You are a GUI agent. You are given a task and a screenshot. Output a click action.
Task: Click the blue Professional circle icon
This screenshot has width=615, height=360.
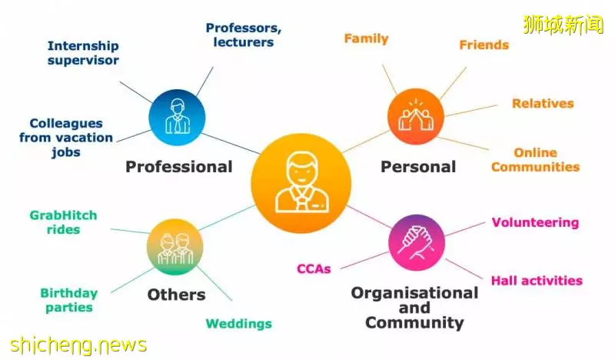177,118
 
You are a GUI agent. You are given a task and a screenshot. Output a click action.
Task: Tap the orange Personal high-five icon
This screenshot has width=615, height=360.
416,117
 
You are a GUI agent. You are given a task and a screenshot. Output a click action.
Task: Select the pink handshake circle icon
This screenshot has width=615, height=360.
417,242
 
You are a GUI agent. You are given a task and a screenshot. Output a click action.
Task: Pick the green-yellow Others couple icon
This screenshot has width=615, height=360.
175,247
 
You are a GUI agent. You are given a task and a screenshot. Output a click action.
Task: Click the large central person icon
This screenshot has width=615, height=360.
301,183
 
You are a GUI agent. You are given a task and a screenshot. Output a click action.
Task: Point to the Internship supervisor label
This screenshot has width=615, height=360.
83,53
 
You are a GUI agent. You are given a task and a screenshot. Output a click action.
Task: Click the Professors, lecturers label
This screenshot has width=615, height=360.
244,35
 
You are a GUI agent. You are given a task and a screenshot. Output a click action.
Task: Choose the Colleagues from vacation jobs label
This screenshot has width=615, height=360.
66,138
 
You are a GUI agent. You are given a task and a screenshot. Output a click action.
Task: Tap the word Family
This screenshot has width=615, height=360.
367,38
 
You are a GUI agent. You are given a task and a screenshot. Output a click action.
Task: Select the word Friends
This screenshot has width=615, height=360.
484,45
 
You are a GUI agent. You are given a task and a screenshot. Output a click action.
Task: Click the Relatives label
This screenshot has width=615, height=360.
543,103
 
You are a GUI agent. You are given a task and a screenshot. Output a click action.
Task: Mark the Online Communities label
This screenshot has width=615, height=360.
535,160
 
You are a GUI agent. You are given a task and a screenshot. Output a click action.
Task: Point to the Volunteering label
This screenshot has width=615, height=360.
535,222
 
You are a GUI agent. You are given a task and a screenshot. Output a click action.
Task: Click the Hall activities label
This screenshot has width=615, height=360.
537,281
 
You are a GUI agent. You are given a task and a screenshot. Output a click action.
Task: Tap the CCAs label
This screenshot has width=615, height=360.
314,269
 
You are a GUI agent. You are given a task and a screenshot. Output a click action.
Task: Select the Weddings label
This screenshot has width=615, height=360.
239,324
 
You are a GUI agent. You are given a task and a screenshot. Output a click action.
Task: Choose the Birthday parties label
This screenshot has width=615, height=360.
69,300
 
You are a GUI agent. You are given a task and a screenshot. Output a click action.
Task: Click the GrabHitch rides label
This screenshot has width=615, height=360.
63,222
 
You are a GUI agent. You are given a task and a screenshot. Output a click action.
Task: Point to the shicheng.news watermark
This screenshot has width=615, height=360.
78,345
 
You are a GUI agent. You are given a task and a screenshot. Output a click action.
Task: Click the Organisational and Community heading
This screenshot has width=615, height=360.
414,308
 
